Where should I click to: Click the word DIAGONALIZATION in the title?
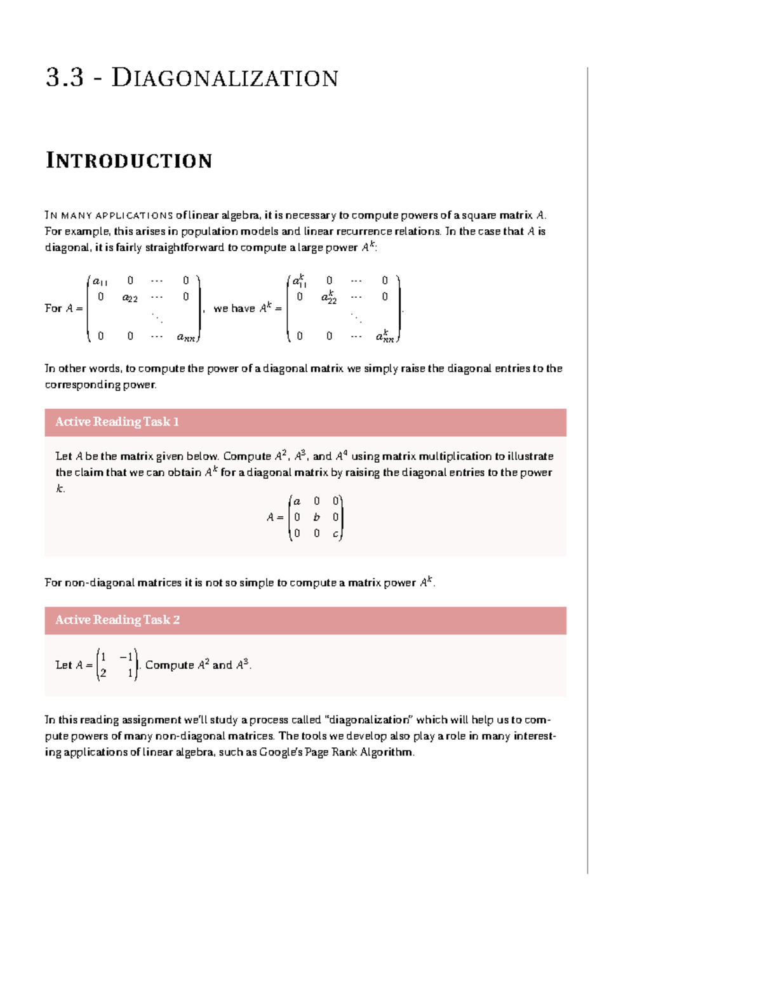pos(225,78)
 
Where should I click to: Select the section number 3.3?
pos(64,78)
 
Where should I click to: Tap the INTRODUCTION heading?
pos(129,161)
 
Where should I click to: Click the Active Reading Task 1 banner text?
pos(117,422)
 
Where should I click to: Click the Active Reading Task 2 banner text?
pos(117,620)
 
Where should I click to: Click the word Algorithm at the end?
pos(387,752)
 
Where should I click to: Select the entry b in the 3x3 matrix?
pos(316,517)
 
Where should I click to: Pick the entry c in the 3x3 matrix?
pos(335,534)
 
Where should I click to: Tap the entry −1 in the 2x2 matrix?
pos(126,657)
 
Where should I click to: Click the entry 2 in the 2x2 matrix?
pos(104,673)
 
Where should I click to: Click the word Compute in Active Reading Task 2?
pos(170,665)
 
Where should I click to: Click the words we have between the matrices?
pos(234,309)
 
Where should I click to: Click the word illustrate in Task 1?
pos(530,456)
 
